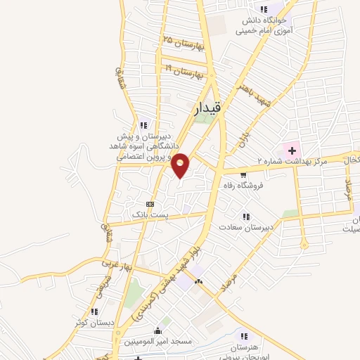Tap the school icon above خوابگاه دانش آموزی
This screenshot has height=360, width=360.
click(264, 10)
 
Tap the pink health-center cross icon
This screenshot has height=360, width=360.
click(291, 150)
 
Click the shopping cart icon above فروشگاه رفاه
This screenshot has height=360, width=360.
click(243, 175)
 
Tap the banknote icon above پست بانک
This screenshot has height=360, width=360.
click(149, 202)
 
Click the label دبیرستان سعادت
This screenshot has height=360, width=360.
click(243, 228)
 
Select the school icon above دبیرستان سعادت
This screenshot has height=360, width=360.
click(245, 217)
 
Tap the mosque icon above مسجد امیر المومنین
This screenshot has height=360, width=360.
click(158, 331)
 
